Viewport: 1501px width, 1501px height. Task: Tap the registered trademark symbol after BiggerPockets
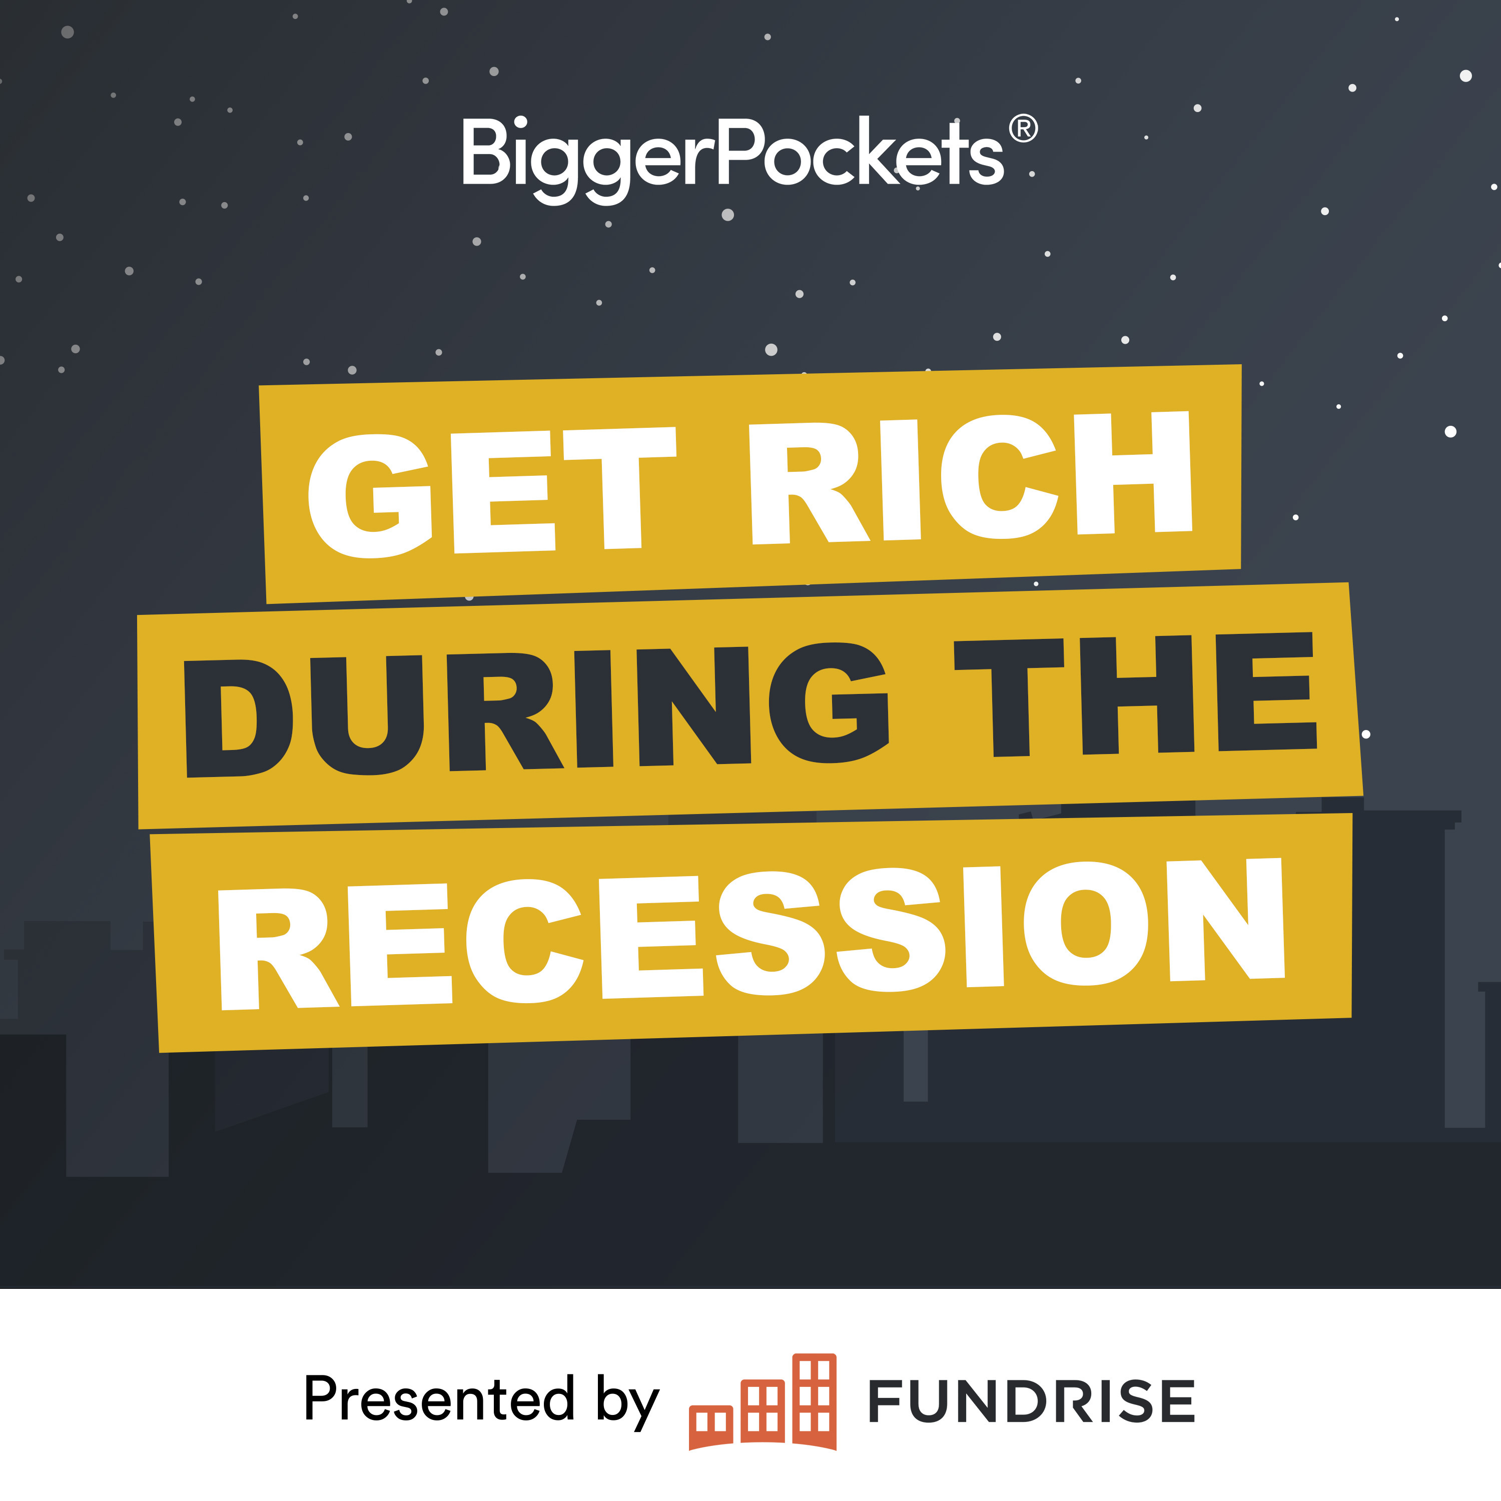tap(1023, 129)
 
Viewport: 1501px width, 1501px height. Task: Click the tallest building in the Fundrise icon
tap(814, 1401)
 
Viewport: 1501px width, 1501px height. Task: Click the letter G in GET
tap(369, 496)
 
